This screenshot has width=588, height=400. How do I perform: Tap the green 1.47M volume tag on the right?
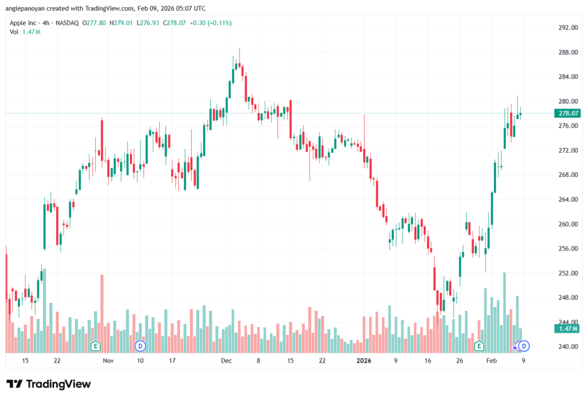point(567,328)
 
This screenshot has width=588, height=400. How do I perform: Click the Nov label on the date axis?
point(108,361)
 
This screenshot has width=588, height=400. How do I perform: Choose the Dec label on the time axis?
point(226,361)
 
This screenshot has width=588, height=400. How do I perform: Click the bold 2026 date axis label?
point(364,361)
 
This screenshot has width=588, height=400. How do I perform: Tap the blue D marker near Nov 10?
point(140,346)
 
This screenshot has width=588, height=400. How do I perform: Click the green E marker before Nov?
point(96,346)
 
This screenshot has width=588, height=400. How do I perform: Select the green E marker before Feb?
point(479,346)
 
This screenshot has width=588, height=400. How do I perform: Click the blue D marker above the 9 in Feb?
point(524,346)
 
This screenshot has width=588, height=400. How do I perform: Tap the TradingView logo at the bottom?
point(49,384)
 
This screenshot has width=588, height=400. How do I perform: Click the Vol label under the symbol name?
point(14,32)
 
